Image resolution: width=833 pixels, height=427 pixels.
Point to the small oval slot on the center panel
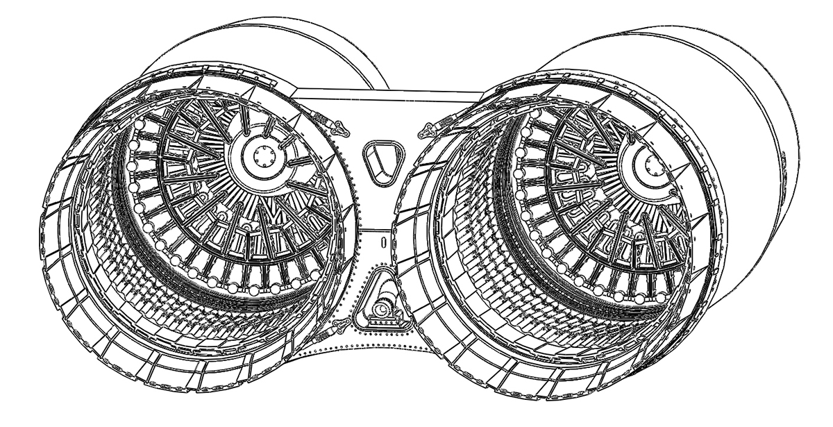click(382, 243)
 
